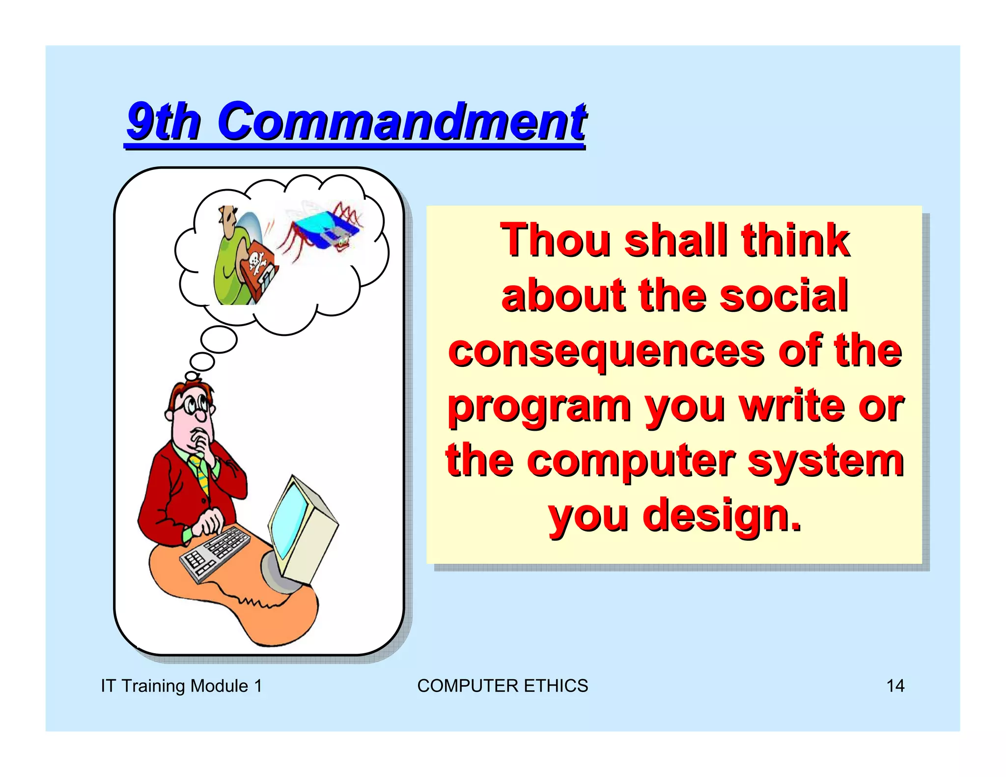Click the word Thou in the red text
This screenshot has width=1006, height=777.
[x=555, y=240]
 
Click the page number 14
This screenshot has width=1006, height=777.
[x=895, y=686]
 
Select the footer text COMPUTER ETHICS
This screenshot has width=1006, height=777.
[x=502, y=686]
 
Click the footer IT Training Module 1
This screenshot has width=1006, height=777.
[x=181, y=686]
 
